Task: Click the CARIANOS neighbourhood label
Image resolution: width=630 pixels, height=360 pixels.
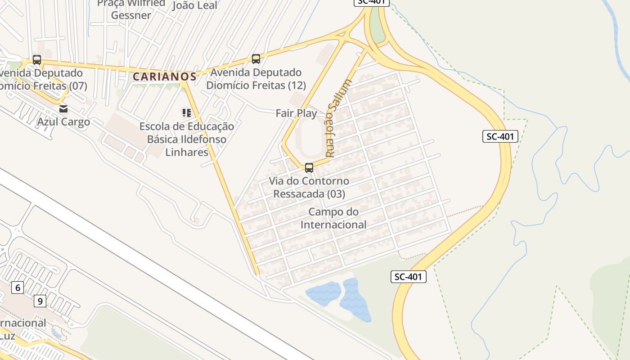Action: tap(165, 76)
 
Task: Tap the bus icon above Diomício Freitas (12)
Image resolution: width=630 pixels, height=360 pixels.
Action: tap(256, 59)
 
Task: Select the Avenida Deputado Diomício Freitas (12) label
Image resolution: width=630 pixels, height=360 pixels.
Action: tap(256, 79)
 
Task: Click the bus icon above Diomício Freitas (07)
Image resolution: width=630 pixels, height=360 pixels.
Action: tap(37, 60)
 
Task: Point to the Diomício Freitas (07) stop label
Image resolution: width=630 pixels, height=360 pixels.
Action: tap(43, 79)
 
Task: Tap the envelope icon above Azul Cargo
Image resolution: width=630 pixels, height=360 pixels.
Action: tap(63, 108)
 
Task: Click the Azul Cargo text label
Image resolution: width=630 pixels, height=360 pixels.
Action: tap(63, 121)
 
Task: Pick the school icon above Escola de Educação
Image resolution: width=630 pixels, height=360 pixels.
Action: tap(186, 112)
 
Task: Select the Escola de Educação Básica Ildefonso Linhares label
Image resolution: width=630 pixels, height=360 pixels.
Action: tap(187, 139)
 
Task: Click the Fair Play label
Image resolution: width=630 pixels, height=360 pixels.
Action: tap(296, 113)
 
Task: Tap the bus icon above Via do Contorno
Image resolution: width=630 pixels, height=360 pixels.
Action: tap(309, 168)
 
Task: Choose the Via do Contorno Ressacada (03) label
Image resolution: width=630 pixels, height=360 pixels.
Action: tap(309, 188)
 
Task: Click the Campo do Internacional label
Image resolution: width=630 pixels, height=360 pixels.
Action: tap(333, 218)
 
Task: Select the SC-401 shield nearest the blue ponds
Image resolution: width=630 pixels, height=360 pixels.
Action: tap(408, 277)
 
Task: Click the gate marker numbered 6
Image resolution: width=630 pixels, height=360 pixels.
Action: tap(18, 288)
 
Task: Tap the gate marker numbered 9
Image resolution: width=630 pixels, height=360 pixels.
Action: tap(40, 301)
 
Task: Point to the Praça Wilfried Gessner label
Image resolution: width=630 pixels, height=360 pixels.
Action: tap(131, 9)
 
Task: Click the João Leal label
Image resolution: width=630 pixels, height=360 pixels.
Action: tap(195, 5)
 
